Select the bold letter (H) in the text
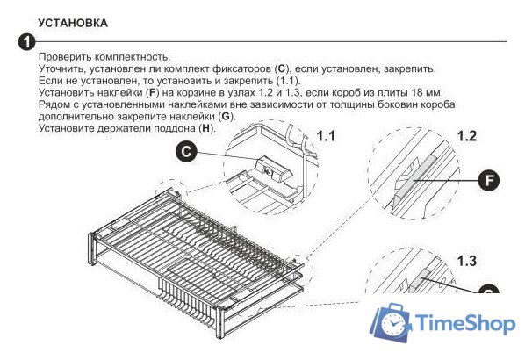click(206, 130)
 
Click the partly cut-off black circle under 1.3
click(489, 289)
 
